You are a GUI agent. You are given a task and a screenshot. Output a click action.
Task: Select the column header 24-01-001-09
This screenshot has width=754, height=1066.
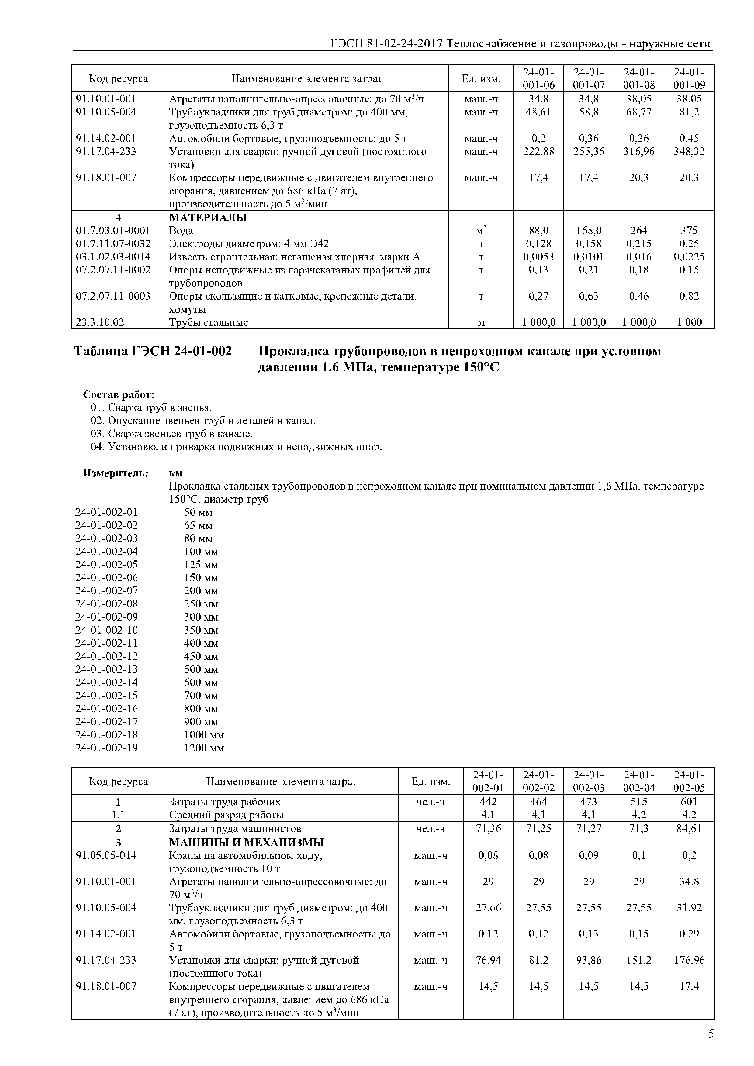coord(689,78)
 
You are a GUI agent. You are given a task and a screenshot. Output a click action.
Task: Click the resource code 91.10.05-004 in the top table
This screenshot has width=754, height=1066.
coord(106,112)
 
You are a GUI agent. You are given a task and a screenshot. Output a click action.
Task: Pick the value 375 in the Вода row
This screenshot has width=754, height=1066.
coord(689,231)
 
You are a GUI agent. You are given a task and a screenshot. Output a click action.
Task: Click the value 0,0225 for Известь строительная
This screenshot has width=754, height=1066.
coord(689,257)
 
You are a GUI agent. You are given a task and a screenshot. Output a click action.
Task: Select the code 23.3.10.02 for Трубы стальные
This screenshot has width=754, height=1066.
coord(100,322)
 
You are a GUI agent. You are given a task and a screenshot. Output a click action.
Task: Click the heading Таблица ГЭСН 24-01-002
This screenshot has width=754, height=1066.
coord(153,352)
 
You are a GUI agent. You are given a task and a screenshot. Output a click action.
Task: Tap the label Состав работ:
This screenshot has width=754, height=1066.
coord(119,395)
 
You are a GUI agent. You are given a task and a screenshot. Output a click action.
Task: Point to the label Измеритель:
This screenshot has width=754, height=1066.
coord(116,473)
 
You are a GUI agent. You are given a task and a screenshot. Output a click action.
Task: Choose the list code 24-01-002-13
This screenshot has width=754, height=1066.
coord(106,669)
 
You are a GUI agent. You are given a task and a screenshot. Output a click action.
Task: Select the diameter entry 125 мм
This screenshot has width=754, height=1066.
coord(201,565)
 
